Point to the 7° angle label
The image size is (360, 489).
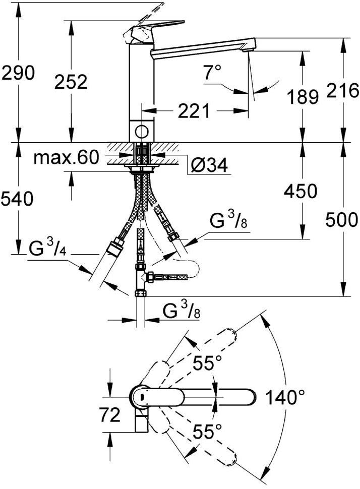click(x=212, y=73)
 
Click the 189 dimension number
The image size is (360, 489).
click(x=302, y=96)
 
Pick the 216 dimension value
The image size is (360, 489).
click(x=342, y=90)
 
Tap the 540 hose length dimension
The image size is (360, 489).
click(x=18, y=199)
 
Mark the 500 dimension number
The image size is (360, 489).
click(x=341, y=219)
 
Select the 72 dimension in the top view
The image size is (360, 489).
click(x=110, y=415)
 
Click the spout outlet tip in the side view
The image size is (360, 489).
click(x=247, y=49)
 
